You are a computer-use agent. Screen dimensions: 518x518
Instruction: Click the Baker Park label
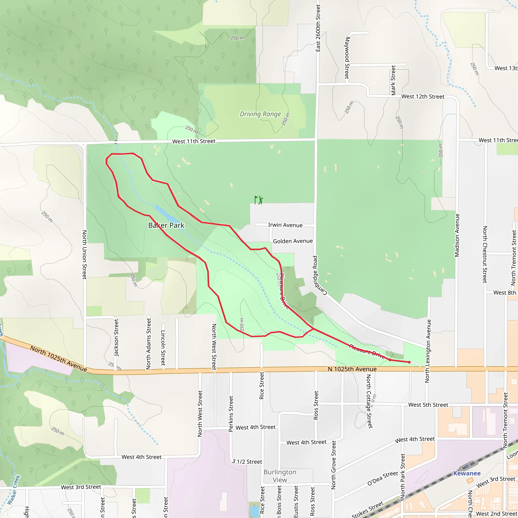(166, 225)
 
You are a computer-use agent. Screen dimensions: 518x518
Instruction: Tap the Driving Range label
(260, 114)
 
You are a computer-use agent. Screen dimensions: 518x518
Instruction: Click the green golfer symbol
(259, 200)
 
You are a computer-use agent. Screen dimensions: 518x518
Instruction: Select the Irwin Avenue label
(285, 225)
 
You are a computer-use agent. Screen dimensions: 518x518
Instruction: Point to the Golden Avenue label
(293, 241)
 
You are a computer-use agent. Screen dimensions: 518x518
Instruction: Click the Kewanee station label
(467, 473)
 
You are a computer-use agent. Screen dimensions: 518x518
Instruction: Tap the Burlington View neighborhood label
(280, 476)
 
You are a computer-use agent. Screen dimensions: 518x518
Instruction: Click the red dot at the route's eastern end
(409, 362)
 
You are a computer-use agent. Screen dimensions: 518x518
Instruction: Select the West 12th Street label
(423, 97)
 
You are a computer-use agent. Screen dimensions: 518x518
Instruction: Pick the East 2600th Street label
(318, 28)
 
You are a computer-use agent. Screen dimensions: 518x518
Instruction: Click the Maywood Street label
(347, 58)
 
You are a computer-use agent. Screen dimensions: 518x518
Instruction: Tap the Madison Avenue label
(457, 235)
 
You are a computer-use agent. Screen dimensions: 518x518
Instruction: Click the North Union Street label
(84, 254)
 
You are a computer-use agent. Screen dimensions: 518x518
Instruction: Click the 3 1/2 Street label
(247, 462)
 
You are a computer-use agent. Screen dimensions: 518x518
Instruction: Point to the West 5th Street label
(428, 405)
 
